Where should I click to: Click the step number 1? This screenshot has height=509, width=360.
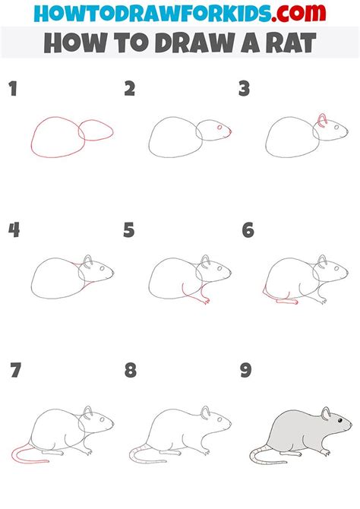point(13,89)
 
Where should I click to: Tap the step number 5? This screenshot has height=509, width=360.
point(129,230)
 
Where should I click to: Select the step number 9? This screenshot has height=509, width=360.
point(246,370)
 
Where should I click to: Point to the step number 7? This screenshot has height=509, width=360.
point(16,370)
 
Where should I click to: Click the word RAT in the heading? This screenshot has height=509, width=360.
point(291,43)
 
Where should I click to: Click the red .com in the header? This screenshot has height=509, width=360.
point(298,13)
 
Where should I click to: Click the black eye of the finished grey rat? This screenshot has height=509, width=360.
point(340,420)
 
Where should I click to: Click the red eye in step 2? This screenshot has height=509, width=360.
point(219,128)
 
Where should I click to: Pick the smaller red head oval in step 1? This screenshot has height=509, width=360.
point(96,130)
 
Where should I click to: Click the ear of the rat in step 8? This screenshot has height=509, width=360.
point(205,412)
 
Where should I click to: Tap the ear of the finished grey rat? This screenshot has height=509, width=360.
point(326,413)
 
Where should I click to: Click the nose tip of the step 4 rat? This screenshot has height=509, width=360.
point(113,273)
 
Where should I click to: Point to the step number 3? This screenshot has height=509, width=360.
point(245,89)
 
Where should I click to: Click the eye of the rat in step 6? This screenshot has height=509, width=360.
point(336,268)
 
